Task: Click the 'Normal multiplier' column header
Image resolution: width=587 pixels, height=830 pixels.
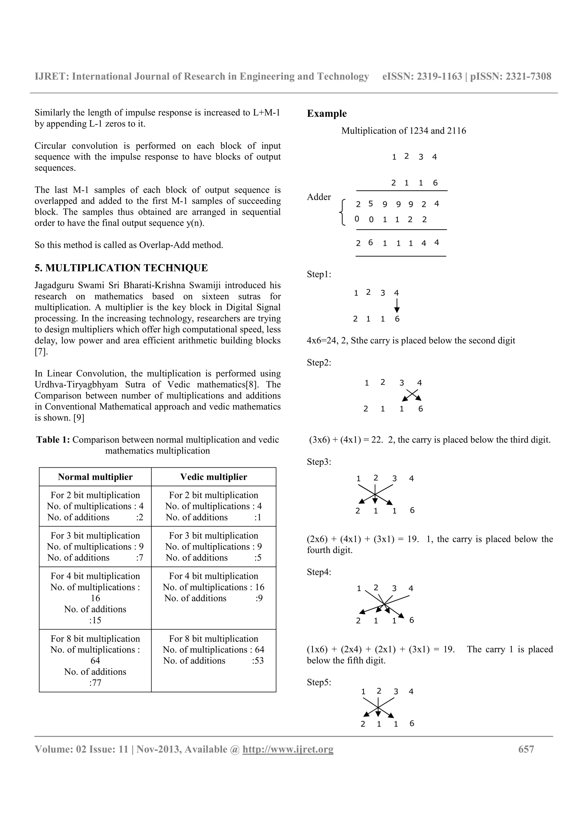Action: pyautogui.click(x=95, y=477)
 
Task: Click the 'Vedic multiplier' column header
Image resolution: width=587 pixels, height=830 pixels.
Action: pyautogui.click(x=213, y=477)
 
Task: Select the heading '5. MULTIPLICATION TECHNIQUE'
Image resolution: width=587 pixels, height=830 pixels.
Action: pyautogui.click(x=121, y=268)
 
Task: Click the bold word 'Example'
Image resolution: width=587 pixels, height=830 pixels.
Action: pyautogui.click(x=326, y=113)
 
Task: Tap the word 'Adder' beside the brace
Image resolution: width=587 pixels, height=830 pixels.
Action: pyautogui.click(x=319, y=197)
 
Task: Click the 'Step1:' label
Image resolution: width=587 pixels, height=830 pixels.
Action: pyautogui.click(x=319, y=274)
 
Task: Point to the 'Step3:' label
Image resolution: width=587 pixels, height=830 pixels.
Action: pyautogui.click(x=319, y=462)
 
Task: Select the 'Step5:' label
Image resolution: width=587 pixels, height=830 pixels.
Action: pyautogui.click(x=319, y=683)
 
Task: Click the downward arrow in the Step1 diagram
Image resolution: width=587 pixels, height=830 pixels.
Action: pyautogui.click(x=397, y=306)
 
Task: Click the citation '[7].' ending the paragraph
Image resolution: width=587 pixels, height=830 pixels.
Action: pyautogui.click(x=41, y=352)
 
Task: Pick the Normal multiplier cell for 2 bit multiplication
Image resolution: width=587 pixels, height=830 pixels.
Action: pyautogui.click(x=95, y=506)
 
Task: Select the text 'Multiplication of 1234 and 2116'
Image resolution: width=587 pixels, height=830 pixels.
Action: pyautogui.click(x=404, y=131)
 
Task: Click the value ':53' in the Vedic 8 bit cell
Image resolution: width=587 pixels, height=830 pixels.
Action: pyautogui.click(x=258, y=661)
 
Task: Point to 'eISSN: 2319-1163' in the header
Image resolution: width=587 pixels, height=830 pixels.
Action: pyautogui.click(x=422, y=77)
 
